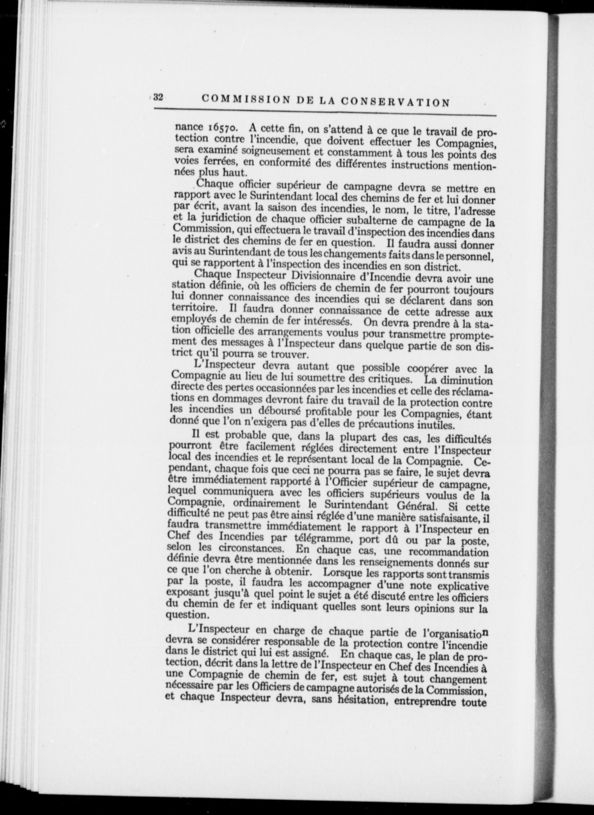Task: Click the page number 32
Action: (x=158, y=97)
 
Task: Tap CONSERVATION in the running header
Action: (x=395, y=102)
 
